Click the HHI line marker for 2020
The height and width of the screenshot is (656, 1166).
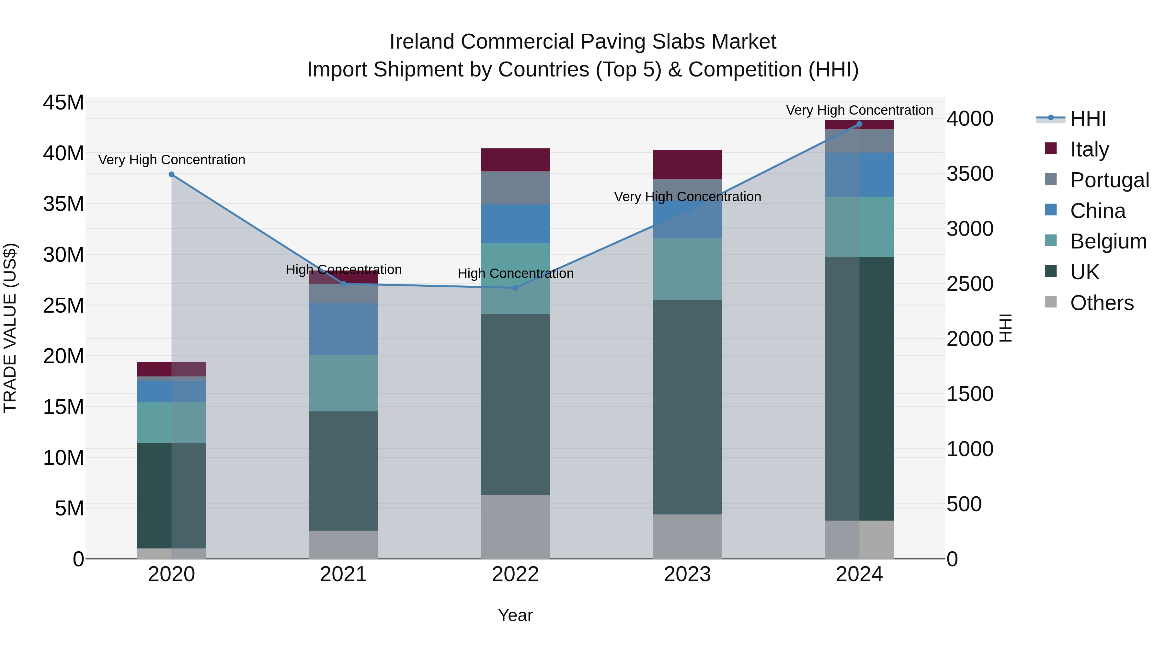point(172,174)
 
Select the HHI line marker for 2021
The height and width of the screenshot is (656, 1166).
point(344,284)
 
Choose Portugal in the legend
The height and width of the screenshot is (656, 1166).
point(1109,180)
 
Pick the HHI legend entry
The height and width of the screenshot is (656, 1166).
point(1088,119)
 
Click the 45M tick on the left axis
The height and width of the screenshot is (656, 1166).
point(63,103)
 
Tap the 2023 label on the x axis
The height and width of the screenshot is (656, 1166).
point(687,574)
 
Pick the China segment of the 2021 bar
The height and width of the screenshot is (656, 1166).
point(344,329)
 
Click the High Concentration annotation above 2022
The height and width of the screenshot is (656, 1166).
point(516,273)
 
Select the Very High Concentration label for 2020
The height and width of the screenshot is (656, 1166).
point(172,160)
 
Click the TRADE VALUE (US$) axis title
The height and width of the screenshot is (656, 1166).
point(10,328)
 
